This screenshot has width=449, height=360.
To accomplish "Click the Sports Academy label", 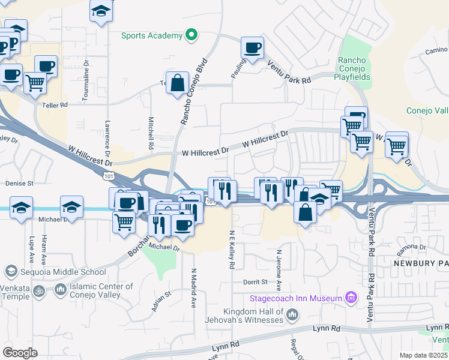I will [x=152, y=35].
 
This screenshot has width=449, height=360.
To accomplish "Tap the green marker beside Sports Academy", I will [x=191, y=35].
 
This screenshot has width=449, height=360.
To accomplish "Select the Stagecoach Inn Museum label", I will [x=297, y=298].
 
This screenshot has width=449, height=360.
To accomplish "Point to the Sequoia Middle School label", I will [x=55, y=272].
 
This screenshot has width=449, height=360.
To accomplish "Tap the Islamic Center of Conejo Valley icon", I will [x=60, y=290].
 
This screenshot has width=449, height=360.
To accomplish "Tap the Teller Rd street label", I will [x=55, y=104].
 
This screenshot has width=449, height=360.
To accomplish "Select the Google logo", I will [x=20, y=353].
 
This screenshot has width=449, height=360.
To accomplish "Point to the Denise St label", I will [x=19, y=183].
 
